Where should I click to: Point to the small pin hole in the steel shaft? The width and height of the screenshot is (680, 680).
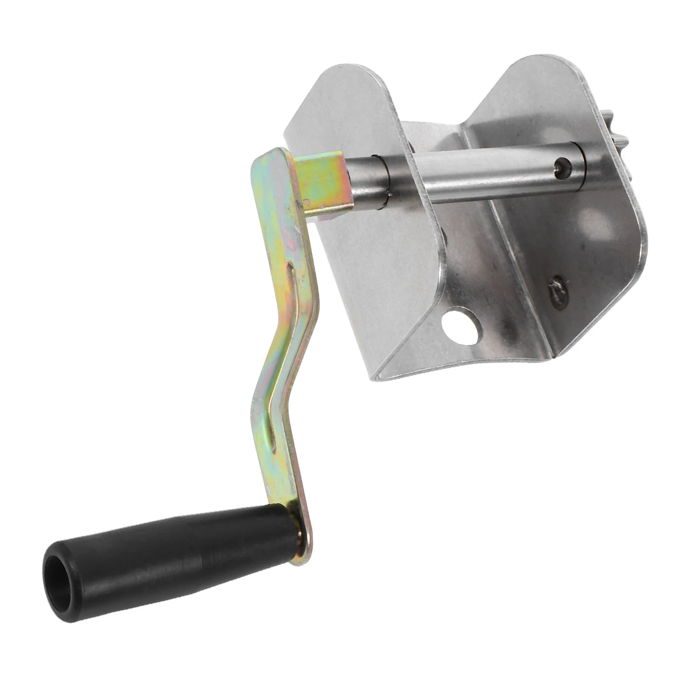(562, 166)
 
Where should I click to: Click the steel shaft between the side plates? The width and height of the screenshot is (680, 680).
(489, 170)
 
